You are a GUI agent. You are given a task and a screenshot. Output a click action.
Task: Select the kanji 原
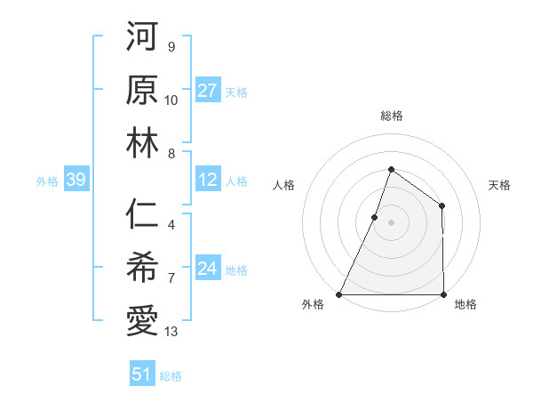(x=142, y=91)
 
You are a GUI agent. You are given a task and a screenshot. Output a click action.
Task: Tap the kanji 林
(x=142, y=144)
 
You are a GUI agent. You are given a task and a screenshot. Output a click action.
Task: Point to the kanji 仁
(x=142, y=216)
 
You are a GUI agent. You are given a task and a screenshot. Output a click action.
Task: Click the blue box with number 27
(x=208, y=91)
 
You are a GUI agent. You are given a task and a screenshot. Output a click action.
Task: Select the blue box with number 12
(x=208, y=181)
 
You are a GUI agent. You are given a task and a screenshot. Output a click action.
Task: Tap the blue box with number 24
(x=208, y=269)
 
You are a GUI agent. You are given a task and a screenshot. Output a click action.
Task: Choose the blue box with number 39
(x=76, y=181)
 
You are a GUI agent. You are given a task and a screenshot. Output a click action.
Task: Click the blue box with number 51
(x=142, y=374)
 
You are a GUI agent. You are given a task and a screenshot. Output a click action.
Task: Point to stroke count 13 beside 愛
(x=172, y=333)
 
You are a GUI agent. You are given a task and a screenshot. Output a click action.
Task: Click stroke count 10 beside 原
(x=172, y=100)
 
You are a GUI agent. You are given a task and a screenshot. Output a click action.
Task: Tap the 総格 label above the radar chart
(x=391, y=116)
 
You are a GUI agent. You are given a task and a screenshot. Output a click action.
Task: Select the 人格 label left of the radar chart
(x=284, y=185)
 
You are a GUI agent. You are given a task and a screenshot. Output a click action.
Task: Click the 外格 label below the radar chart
(x=313, y=305)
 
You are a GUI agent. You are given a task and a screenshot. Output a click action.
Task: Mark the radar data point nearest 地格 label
(x=443, y=294)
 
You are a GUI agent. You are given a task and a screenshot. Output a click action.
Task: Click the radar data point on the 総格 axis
(x=391, y=169)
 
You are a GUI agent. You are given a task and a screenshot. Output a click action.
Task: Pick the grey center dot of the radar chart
(x=391, y=223)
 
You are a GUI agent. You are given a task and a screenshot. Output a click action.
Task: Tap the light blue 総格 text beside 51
(x=171, y=376)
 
